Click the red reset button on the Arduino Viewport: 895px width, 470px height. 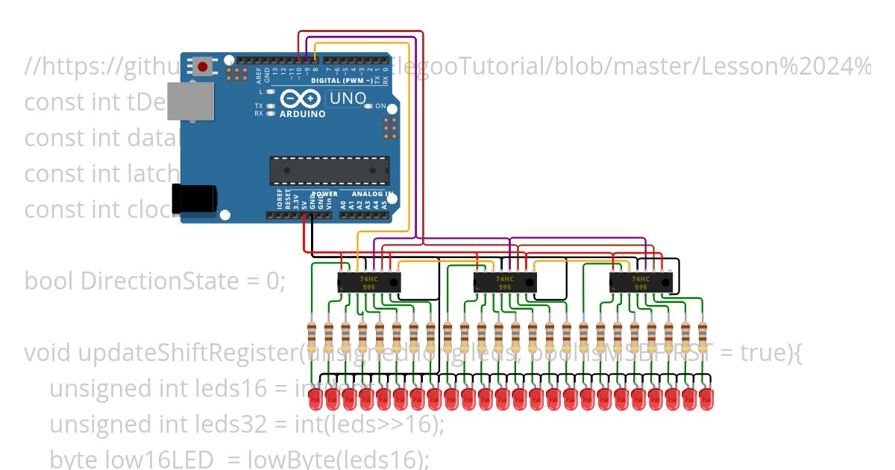[x=201, y=67]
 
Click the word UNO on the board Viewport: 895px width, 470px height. [x=348, y=98]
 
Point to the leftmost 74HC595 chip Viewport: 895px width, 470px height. [x=368, y=282]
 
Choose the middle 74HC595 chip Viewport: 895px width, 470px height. [x=504, y=282]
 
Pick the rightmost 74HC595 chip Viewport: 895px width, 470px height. [x=640, y=282]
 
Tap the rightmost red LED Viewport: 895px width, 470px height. [x=706, y=398]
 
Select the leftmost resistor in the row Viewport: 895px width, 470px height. [x=312, y=337]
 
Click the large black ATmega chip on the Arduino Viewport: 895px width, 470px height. [x=329, y=170]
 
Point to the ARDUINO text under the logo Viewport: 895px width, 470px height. [x=302, y=114]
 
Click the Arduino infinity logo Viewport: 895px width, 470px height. [x=301, y=99]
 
